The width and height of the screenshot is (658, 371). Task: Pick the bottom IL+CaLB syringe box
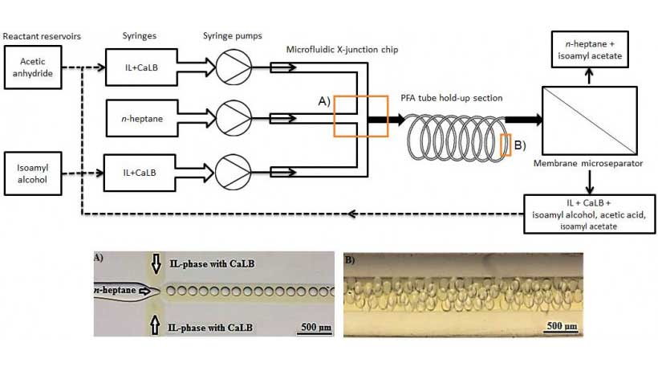point(139,172)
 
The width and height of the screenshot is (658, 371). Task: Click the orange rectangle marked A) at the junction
point(360,116)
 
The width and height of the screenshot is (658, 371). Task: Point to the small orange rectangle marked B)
point(506,145)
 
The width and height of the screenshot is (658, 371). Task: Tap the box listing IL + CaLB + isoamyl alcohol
point(589,213)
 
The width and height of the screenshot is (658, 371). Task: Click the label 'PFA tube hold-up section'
point(451,98)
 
